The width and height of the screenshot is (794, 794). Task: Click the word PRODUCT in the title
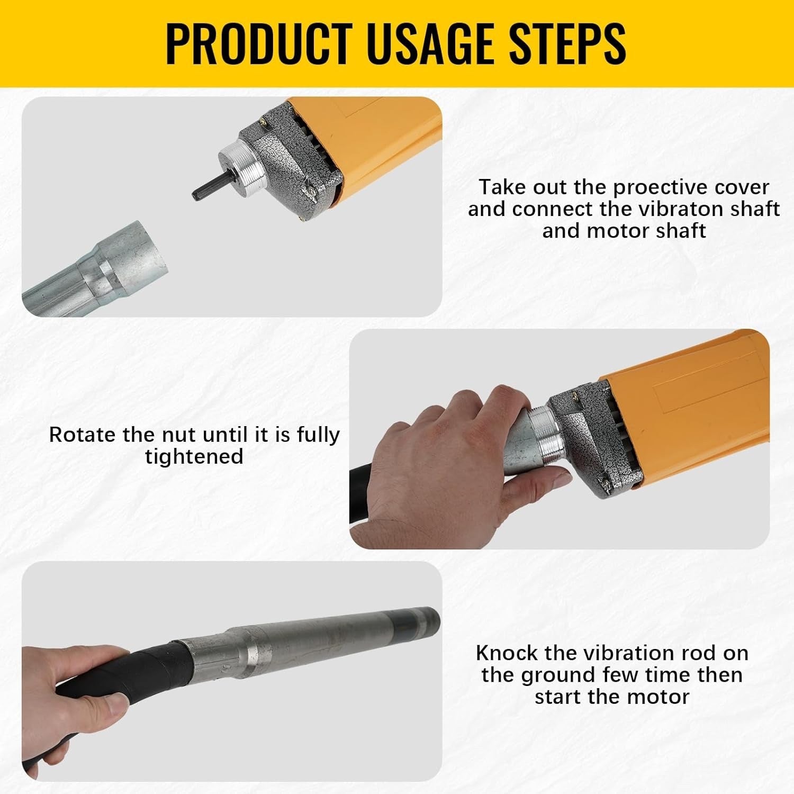[x=259, y=43]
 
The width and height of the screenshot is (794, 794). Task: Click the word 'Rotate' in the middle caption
[x=83, y=435]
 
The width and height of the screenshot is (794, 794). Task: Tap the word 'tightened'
[x=194, y=456]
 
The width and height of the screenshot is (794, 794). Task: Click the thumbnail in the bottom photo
[x=114, y=708]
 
